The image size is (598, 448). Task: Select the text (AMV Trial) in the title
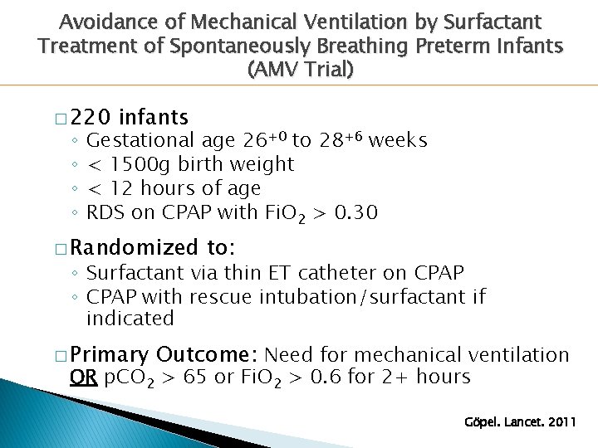coord(300,70)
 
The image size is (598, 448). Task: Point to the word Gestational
coord(141,141)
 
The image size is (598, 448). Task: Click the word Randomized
coord(133,248)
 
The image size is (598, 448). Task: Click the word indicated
coord(130,319)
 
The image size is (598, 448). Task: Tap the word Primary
coord(109,355)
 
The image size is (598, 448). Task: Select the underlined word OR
coord(83,377)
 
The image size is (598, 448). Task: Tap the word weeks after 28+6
coord(398,141)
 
